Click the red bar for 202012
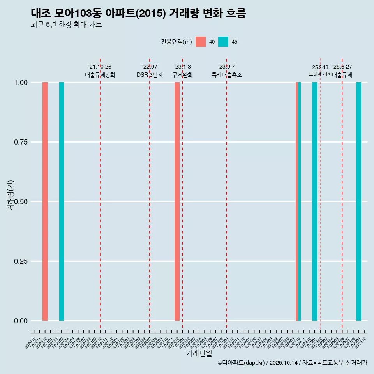[45, 201]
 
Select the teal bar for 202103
[62, 201]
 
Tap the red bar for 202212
[177, 201]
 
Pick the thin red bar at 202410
[297, 201]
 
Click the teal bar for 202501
[314, 201]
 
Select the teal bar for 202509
[358, 201]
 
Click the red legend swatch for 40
[201, 42]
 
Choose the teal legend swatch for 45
[223, 42]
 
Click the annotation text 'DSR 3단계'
[150, 75]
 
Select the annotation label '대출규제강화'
[100, 75]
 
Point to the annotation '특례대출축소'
[227, 75]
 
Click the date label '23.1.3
[182, 67]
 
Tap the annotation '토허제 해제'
[320, 74]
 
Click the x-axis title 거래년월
[199, 353]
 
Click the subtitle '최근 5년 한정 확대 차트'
[66, 25]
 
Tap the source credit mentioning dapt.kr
[292, 363]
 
